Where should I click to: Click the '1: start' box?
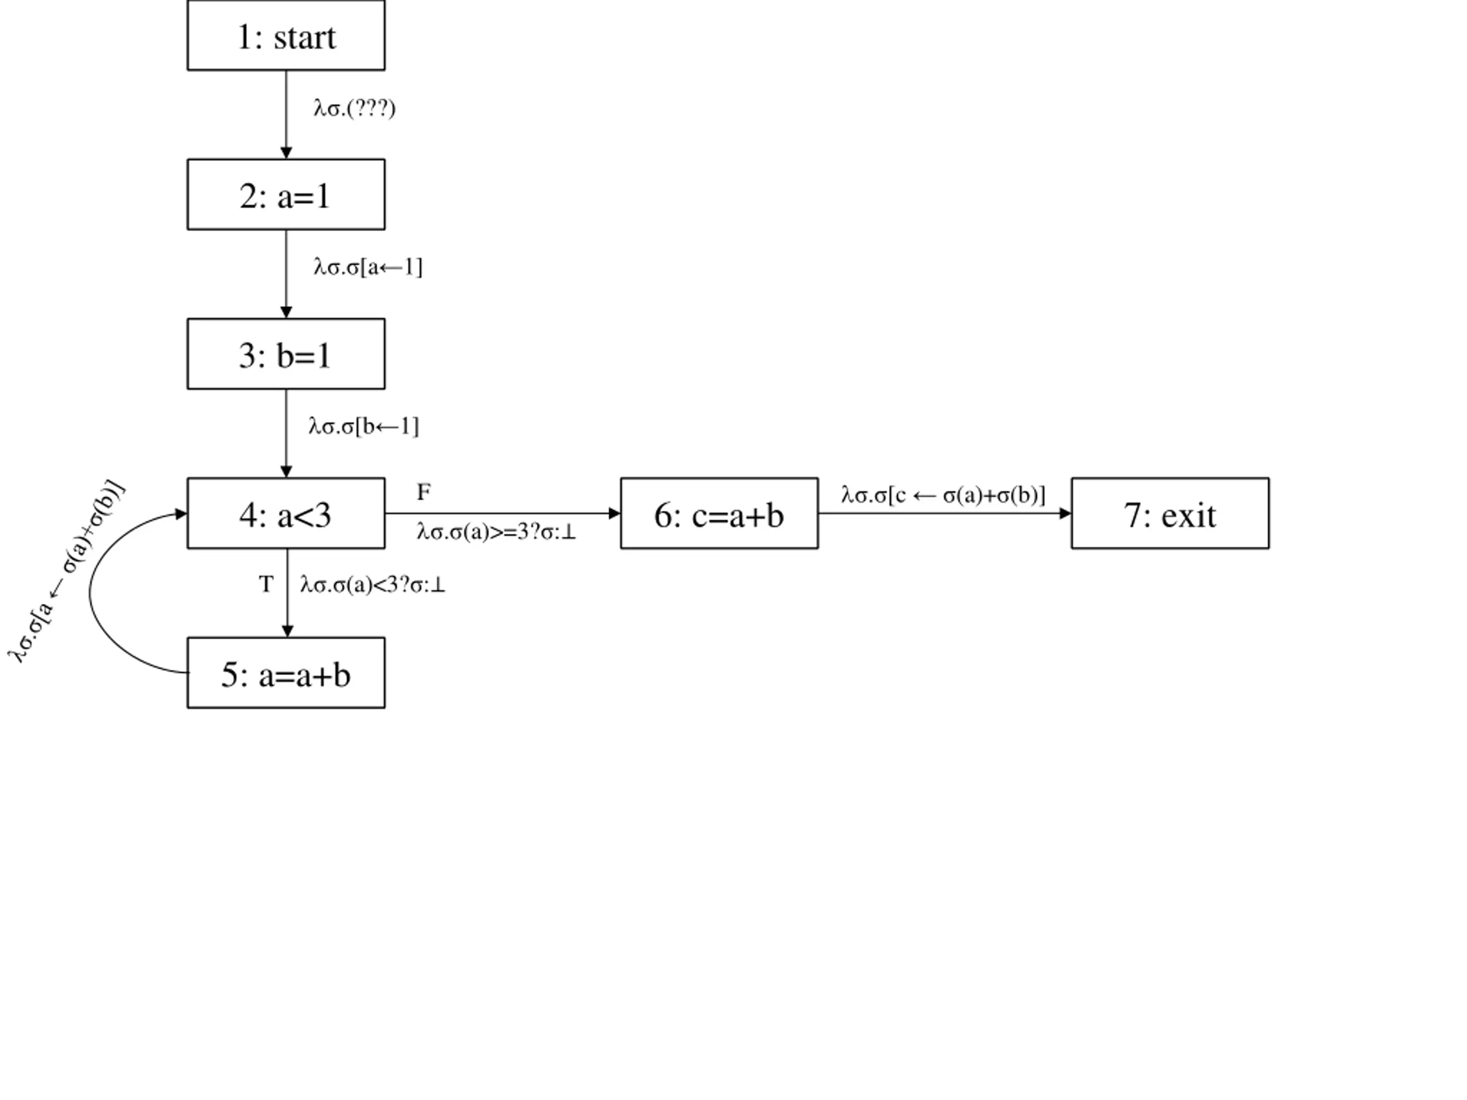tap(286, 35)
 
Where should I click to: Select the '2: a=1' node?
tap(286, 194)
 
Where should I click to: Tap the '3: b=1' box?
tap(286, 354)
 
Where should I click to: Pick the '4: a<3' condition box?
tap(286, 513)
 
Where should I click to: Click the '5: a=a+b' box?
tap(286, 673)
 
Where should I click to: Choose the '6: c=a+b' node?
tap(720, 513)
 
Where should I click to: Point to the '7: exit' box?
tap(1171, 513)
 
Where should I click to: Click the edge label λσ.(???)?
tap(355, 108)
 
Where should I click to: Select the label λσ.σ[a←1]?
tap(368, 267)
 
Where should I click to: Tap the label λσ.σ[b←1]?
tap(364, 426)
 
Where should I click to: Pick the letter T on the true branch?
tap(266, 584)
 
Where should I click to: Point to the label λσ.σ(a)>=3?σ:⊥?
tap(497, 532)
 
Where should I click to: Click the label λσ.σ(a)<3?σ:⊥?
tap(372, 585)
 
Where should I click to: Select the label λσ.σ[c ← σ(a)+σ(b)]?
tap(943, 496)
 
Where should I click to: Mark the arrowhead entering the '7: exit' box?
tap(1065, 513)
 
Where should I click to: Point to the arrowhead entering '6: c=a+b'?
tap(614, 513)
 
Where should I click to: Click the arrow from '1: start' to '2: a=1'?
tap(287, 115)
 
